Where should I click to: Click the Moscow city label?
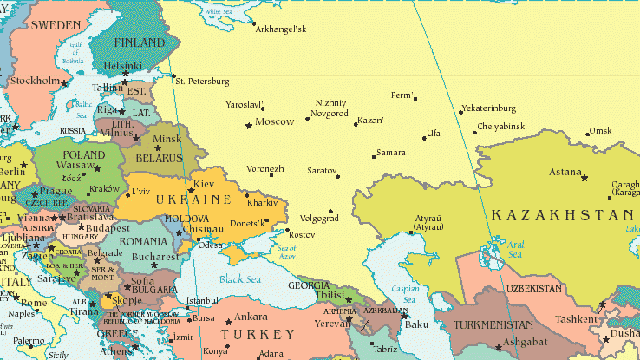click(276, 121)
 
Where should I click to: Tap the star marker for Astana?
click(584, 178)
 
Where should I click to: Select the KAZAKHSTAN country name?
click(562, 215)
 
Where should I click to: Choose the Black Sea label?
click(240, 279)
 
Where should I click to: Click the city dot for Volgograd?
click(330, 211)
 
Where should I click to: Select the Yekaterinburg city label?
click(489, 108)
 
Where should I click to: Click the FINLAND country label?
click(139, 43)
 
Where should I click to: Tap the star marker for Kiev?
click(191, 190)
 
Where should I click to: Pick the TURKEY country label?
click(258, 334)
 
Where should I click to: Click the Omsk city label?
click(600, 131)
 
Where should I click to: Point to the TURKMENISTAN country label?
click(493, 324)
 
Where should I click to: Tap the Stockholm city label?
click(35, 81)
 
